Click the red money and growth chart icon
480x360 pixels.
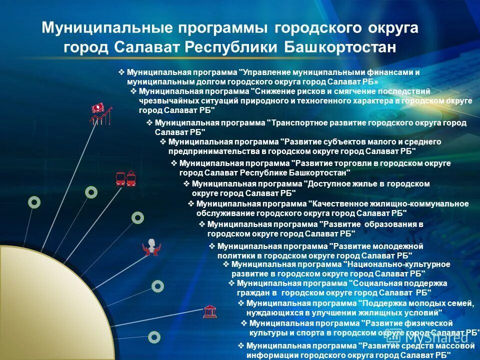point(100,113)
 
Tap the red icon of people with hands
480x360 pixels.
point(151,247)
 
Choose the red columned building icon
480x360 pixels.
point(210,312)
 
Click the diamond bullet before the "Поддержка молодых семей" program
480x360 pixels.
point(241,303)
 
